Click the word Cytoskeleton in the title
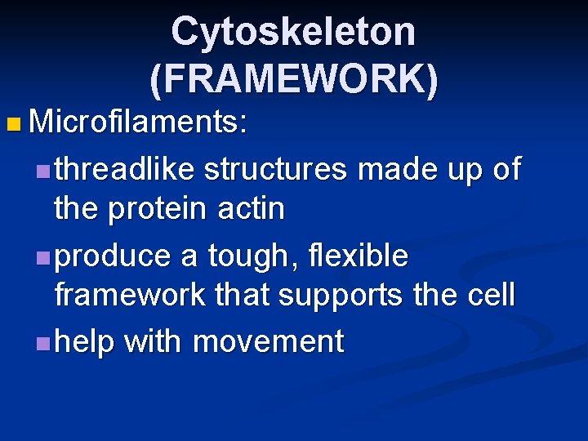293,33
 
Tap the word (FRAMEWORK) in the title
293,78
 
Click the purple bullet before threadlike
42,171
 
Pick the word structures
277,169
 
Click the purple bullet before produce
42,257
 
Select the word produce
114,256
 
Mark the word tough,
237,256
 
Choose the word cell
491,295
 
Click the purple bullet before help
42,342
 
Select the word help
85,341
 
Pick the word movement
268,341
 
